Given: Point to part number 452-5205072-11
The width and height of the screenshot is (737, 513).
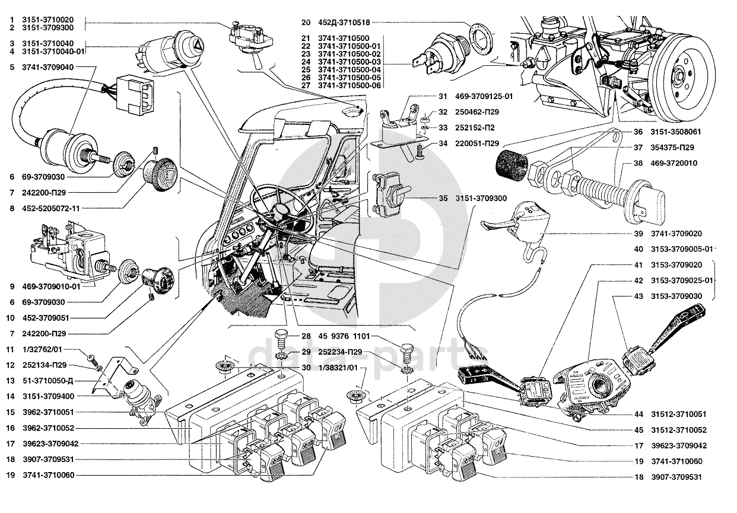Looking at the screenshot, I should pyautogui.click(x=53, y=208).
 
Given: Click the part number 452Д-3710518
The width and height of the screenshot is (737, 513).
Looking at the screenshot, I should pyautogui.click(x=345, y=23).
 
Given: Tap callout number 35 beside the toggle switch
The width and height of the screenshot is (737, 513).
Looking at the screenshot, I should pyautogui.click(x=443, y=198).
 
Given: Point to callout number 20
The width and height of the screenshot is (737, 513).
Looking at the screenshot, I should pyautogui.click(x=305, y=23).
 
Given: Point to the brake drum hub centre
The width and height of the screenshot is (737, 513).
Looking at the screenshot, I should pyautogui.click(x=679, y=76).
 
